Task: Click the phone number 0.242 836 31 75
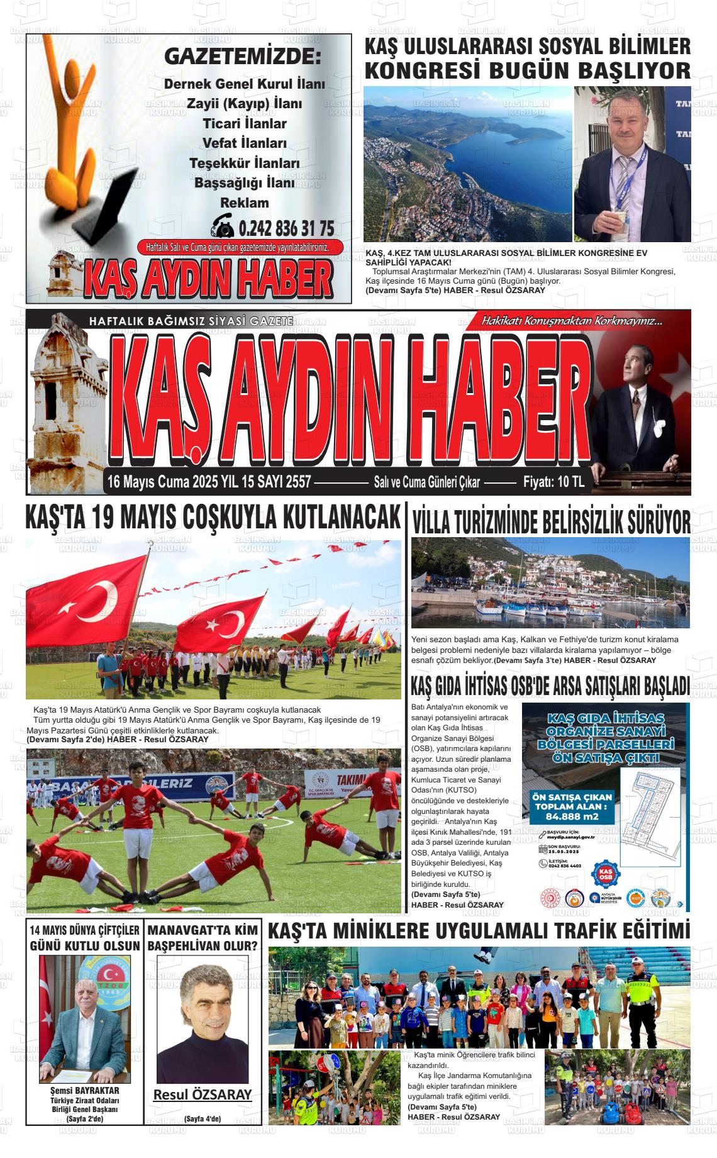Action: (x=286, y=227)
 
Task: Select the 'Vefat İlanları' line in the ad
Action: (x=245, y=143)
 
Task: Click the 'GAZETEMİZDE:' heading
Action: (x=242, y=57)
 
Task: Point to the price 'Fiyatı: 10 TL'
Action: (x=553, y=482)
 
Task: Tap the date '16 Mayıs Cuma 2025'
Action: (x=162, y=482)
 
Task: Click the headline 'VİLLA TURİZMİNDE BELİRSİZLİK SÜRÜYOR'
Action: (x=551, y=521)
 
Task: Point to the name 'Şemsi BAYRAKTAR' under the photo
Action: (x=85, y=1090)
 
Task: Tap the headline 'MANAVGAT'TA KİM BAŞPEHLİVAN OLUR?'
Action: (x=203, y=937)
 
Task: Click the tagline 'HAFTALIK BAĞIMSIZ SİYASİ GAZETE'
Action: (x=191, y=321)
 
